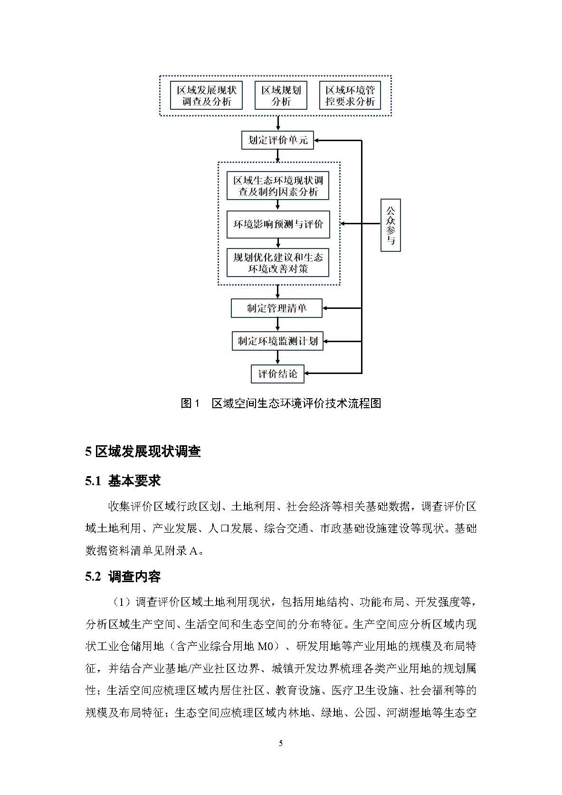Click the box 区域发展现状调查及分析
click(206, 96)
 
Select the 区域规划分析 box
click(281, 96)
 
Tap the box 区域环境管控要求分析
click(350, 96)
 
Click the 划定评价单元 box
click(278, 140)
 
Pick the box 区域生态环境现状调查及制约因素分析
click(278, 186)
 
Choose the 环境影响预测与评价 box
click(278, 224)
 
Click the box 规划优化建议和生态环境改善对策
click(278, 263)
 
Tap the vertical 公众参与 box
click(391, 225)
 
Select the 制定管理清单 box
click(276, 308)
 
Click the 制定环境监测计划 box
click(277, 341)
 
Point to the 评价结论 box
click(277, 374)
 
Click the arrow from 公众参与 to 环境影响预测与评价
click(361, 224)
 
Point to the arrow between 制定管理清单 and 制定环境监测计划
click(277, 325)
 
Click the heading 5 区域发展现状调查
click(143, 451)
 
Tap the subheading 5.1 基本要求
click(123, 481)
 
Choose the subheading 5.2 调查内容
click(123, 576)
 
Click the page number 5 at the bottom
click(281, 744)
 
